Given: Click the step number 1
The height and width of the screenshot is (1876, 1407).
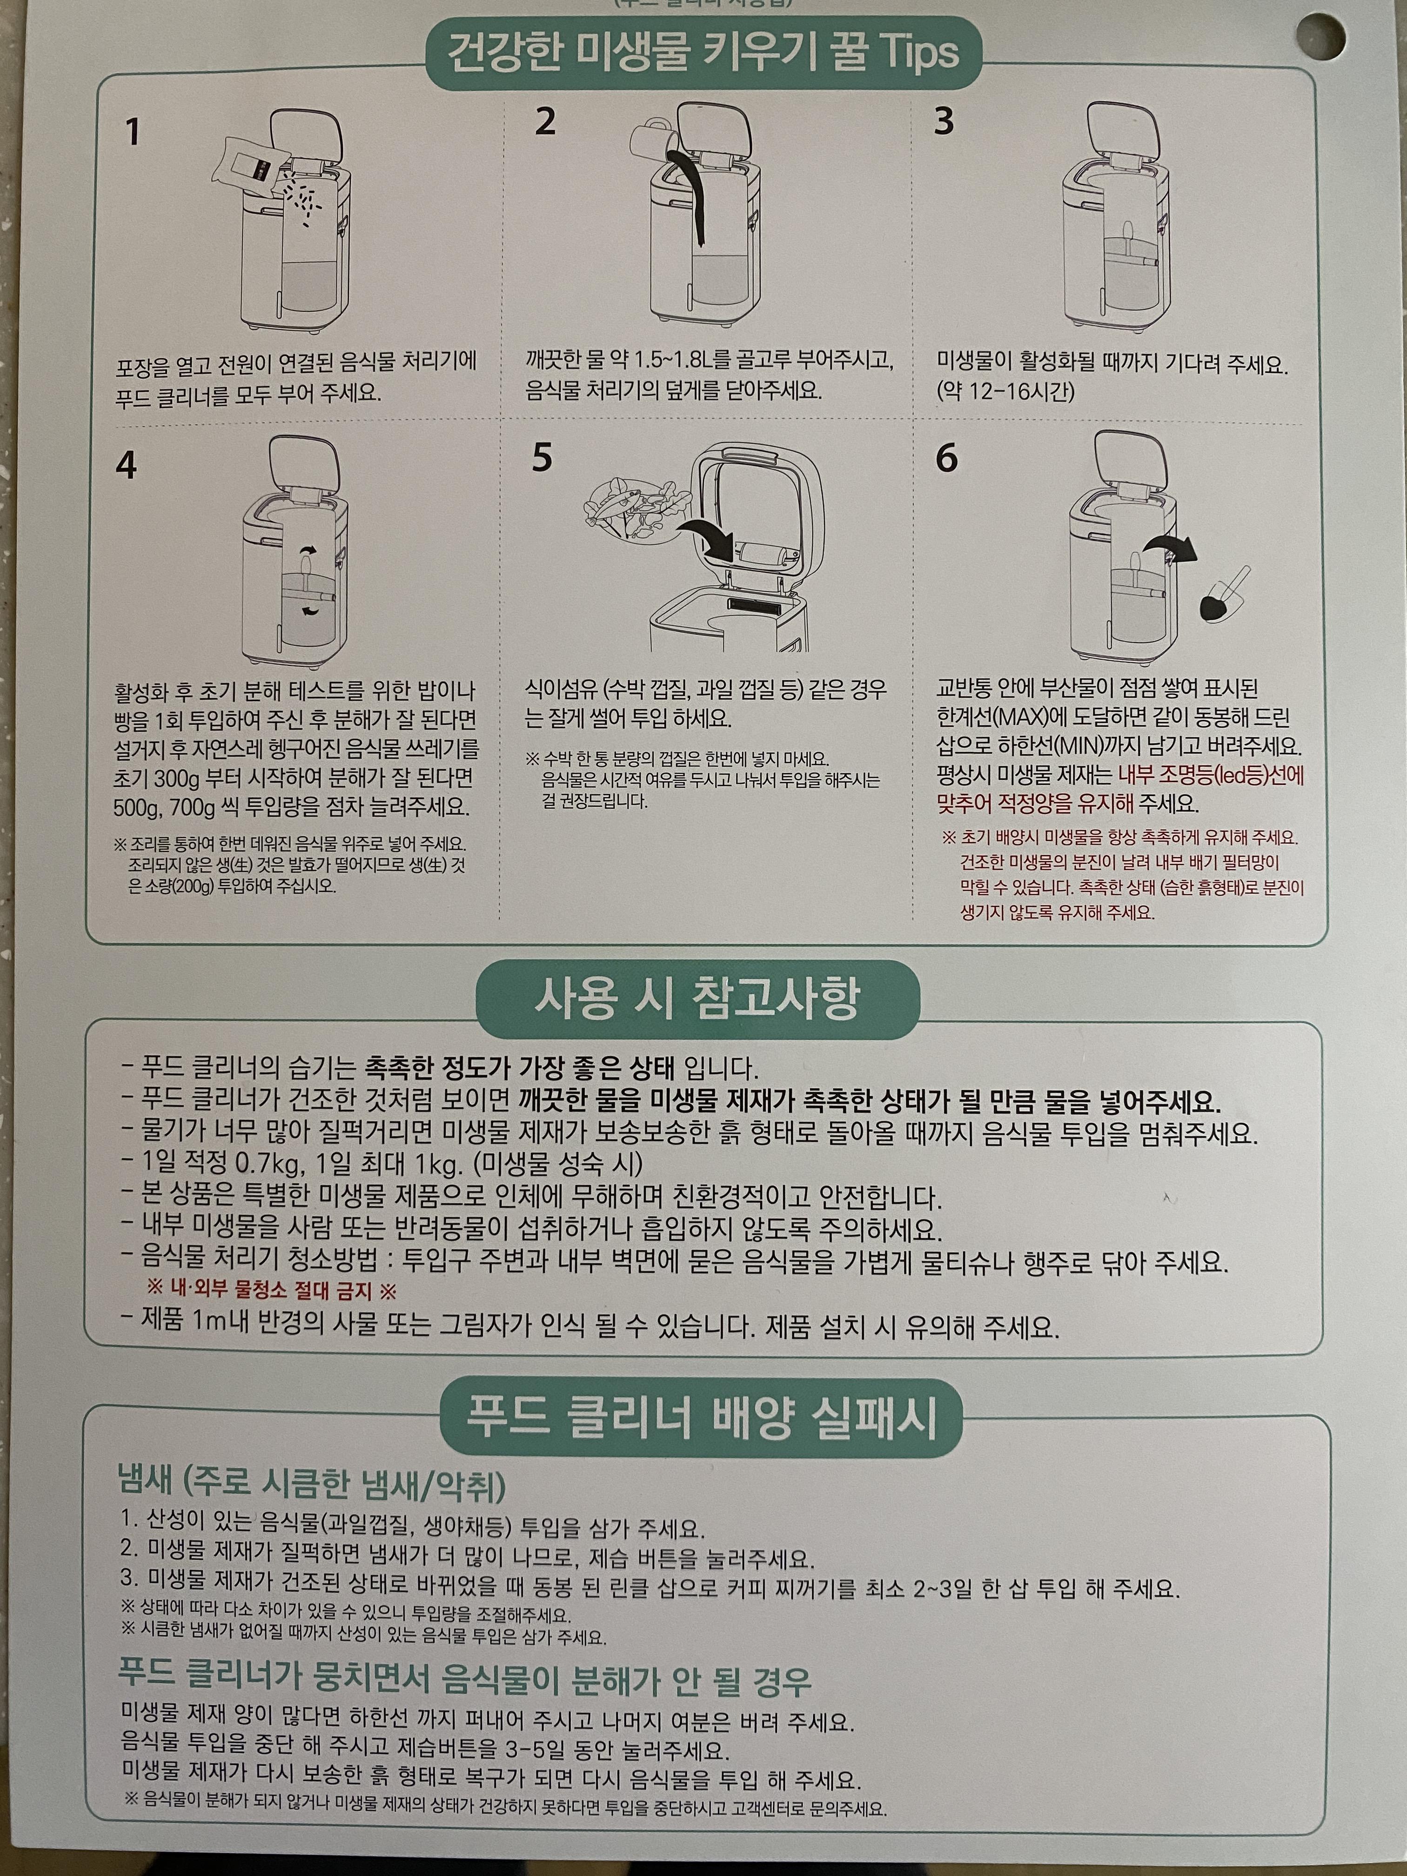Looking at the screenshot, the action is [132, 132].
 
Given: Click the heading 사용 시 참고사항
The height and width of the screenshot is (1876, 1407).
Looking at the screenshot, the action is [697, 999].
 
